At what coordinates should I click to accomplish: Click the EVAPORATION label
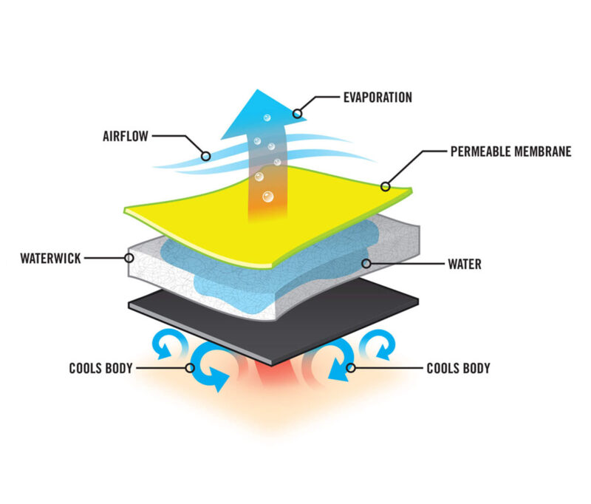pos(378,98)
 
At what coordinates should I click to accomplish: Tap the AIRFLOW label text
pos(126,136)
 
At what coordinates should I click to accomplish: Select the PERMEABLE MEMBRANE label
pos(510,151)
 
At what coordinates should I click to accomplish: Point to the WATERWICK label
pos(50,258)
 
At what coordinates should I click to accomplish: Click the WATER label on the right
pos(465,264)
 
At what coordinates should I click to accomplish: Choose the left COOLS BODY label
pos(100,368)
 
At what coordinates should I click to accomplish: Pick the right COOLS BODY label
pos(458,368)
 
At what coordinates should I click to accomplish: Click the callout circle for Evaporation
pos(298,113)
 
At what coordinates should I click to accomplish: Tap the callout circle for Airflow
pos(206,156)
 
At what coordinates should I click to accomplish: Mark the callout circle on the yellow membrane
pos(385,186)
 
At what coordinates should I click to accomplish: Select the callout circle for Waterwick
pos(129,258)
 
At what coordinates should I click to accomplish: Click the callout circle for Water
pos(366,264)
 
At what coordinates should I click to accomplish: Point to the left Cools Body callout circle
pos(190,367)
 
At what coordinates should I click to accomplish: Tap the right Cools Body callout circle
pos(350,367)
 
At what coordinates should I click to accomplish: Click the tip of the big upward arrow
pos(257,89)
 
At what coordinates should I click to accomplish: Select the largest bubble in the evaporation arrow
pos(268,197)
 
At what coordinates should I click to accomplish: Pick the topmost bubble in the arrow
pos(267,118)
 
